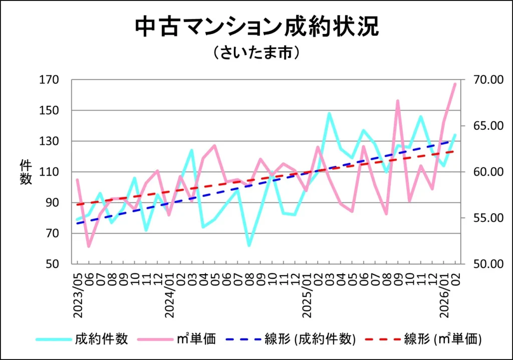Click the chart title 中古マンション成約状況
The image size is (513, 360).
coord(256,28)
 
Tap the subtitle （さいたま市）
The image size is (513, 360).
coord(256,53)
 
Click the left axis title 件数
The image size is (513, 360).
coord(26,171)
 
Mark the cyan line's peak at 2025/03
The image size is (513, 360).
coord(329,113)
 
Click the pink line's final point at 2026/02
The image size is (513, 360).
coord(455,84)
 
